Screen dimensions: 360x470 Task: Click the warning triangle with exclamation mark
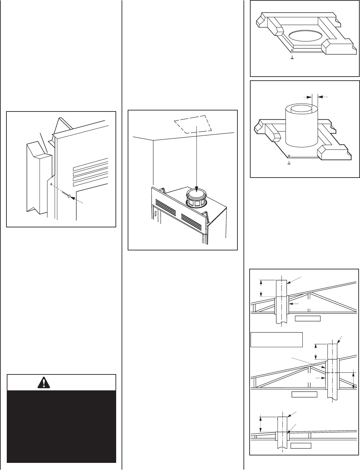point(43,382)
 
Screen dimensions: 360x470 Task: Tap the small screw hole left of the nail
point(51,185)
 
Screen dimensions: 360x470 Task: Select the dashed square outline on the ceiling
point(192,124)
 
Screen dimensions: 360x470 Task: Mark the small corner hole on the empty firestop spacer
point(292,50)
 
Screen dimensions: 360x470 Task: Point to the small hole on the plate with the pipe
point(289,156)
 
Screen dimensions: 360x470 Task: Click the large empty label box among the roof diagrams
point(276,344)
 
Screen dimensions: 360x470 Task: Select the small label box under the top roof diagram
point(308,318)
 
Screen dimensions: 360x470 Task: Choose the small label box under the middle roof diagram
point(304,394)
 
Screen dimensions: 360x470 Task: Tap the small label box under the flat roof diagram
point(300,445)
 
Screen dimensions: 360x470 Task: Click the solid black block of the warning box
point(61,426)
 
